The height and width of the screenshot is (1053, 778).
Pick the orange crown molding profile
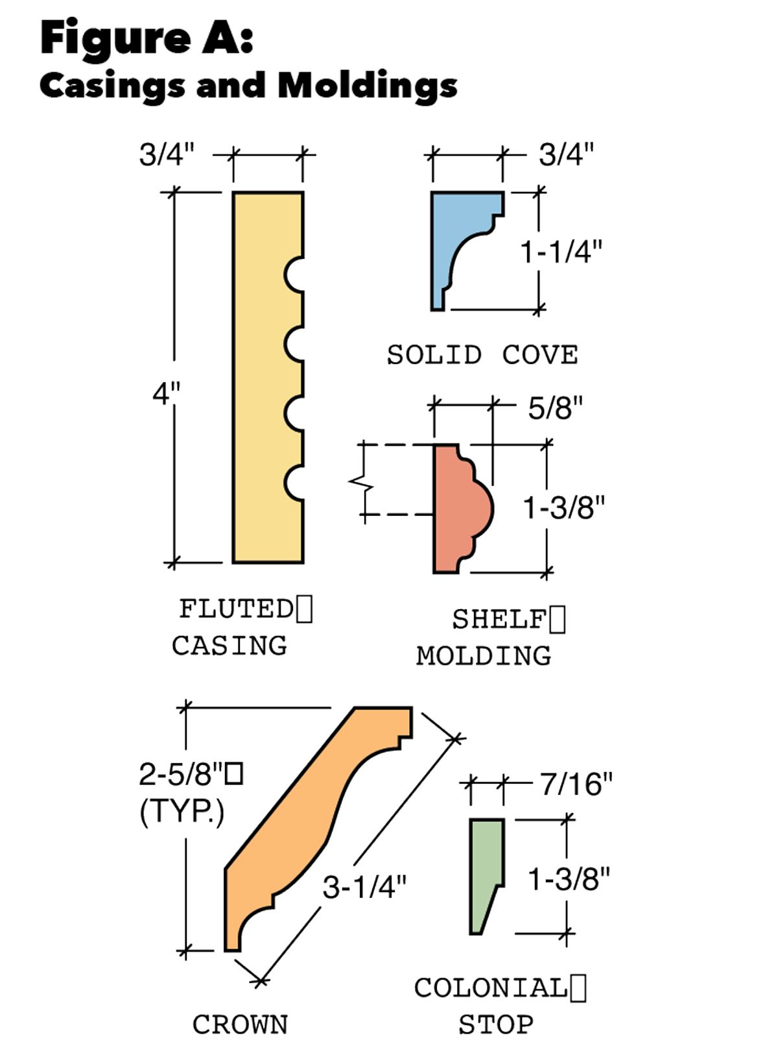click(x=305, y=824)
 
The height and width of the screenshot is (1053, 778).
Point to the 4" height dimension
click(x=166, y=393)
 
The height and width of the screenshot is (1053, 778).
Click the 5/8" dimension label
click(x=555, y=408)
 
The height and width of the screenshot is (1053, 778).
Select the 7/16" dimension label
click(x=576, y=784)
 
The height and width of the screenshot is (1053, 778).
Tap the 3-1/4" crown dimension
click(x=364, y=886)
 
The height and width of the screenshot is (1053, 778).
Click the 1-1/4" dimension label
click(x=561, y=252)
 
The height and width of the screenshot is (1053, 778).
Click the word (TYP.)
click(x=182, y=811)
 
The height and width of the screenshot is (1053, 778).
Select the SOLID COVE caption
click(x=482, y=355)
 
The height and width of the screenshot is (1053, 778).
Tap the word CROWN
click(x=240, y=1025)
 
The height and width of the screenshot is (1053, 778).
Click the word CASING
click(x=229, y=646)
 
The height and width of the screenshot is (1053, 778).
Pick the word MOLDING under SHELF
click(x=484, y=656)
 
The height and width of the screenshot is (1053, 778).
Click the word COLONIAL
click(x=491, y=988)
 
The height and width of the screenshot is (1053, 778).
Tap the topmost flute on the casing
click(x=294, y=274)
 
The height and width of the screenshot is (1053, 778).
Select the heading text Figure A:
click(x=147, y=38)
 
